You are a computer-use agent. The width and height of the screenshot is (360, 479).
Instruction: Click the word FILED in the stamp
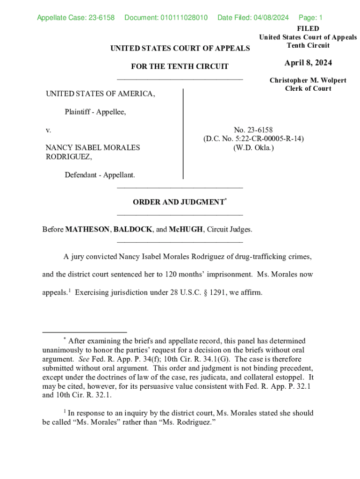308,29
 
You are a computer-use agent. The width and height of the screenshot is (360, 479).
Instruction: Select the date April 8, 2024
308,63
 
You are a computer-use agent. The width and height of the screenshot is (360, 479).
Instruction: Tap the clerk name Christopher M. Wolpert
308,80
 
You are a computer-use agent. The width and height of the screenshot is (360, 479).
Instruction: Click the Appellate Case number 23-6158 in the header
101,18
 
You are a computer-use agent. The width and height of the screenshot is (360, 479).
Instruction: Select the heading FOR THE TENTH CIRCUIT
180,66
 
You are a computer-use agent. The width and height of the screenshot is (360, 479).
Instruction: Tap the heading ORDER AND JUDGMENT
178,202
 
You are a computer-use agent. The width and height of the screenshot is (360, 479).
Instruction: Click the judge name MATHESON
87,229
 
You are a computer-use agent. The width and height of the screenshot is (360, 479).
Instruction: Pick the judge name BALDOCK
133,229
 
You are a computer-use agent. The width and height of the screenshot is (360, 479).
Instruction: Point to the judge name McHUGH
186,229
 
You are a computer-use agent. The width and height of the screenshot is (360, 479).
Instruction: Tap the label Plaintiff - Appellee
95,112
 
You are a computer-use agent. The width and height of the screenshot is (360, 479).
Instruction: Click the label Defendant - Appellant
100,175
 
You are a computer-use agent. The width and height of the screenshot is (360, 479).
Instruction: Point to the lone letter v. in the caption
48,130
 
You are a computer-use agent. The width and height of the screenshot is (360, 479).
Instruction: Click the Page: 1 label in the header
310,18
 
